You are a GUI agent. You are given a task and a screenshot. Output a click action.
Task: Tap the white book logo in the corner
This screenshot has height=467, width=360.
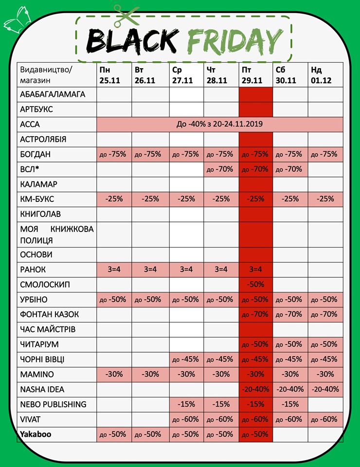point(18,21)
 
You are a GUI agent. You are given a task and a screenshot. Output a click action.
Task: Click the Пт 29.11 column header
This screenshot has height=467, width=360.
point(252,75)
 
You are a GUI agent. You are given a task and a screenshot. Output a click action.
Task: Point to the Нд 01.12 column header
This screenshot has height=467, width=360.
point(321,75)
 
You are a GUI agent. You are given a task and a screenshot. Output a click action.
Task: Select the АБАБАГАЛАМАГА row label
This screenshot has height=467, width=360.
point(53,94)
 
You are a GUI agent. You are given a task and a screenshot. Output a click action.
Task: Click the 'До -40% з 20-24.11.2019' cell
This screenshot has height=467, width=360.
point(220,124)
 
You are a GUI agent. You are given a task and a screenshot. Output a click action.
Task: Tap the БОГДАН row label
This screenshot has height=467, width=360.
point(35,154)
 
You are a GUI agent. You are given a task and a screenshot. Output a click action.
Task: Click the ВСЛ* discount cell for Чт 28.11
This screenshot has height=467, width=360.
point(221,169)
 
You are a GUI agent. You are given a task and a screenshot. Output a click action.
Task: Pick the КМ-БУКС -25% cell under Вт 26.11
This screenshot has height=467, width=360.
point(150,199)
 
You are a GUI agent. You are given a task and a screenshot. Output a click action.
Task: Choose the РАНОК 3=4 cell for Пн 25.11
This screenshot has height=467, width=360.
point(114,269)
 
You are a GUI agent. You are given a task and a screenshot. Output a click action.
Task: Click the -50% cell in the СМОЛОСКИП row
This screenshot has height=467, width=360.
point(255,285)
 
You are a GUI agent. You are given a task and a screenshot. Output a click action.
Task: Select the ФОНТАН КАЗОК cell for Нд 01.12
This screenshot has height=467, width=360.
point(325,314)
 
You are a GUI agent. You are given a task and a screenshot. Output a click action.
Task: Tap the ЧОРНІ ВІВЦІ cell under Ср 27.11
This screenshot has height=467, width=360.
point(186,359)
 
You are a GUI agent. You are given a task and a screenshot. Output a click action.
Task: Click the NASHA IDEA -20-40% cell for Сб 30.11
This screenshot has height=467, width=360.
point(290,389)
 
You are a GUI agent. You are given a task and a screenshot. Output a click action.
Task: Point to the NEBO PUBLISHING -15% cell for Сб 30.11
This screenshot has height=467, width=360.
point(290,404)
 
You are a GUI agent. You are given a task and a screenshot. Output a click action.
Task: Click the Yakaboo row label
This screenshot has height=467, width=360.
point(36,434)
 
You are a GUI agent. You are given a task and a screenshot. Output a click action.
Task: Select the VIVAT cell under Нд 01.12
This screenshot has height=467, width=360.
point(325,419)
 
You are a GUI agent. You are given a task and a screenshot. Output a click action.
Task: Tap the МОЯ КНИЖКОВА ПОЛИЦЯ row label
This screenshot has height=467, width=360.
point(57,234)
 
